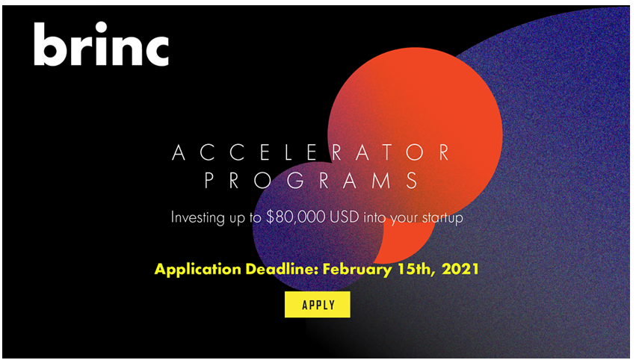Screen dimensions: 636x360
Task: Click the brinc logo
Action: click(102, 44)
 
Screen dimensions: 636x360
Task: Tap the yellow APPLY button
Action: click(317, 305)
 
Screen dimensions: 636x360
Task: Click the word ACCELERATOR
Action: click(311, 152)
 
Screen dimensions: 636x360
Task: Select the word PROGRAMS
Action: click(312, 181)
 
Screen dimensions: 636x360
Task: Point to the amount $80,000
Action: click(296, 217)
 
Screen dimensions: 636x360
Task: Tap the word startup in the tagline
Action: click(442, 218)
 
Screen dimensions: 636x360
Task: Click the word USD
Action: click(345, 217)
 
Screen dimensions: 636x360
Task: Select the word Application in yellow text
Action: click(197, 270)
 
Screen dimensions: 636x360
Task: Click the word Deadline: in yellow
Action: click(282, 269)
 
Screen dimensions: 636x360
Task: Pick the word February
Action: click(357, 270)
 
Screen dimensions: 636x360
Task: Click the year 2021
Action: click(460, 269)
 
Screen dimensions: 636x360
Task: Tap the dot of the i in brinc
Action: click(101, 27)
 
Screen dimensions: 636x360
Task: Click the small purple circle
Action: click(318, 226)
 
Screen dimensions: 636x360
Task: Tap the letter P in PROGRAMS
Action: click(209, 181)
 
